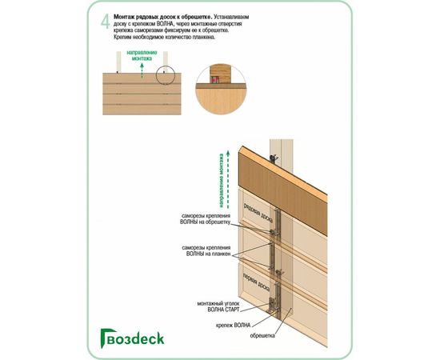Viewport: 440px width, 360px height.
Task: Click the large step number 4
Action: click(x=105, y=22)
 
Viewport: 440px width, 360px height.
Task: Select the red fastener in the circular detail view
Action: click(x=215, y=80)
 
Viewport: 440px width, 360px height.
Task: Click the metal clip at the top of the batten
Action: click(x=275, y=158)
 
